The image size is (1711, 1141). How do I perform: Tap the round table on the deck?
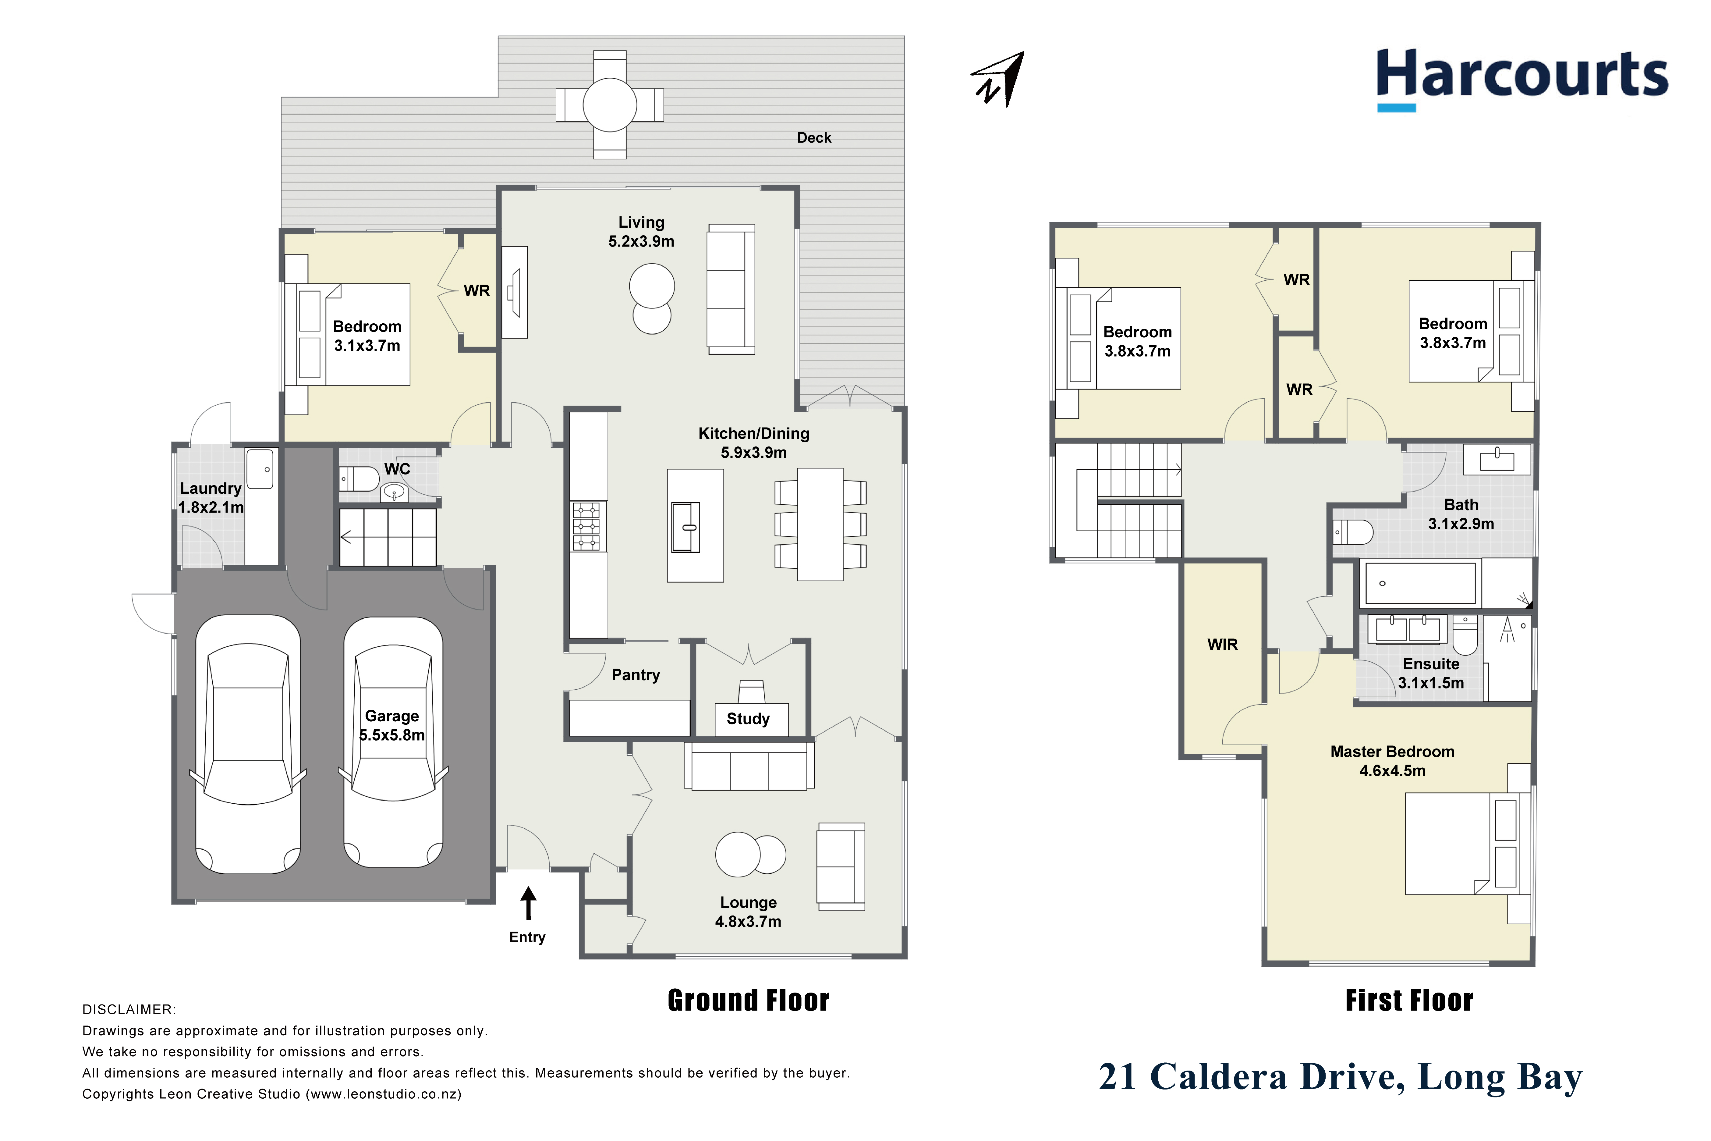click(x=610, y=104)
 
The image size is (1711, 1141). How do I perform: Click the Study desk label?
click(x=748, y=719)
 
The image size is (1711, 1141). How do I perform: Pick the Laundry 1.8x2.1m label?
click(x=211, y=498)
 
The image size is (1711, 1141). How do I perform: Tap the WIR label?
click(x=1222, y=645)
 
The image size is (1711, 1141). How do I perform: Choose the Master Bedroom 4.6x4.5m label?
click(x=1392, y=761)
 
